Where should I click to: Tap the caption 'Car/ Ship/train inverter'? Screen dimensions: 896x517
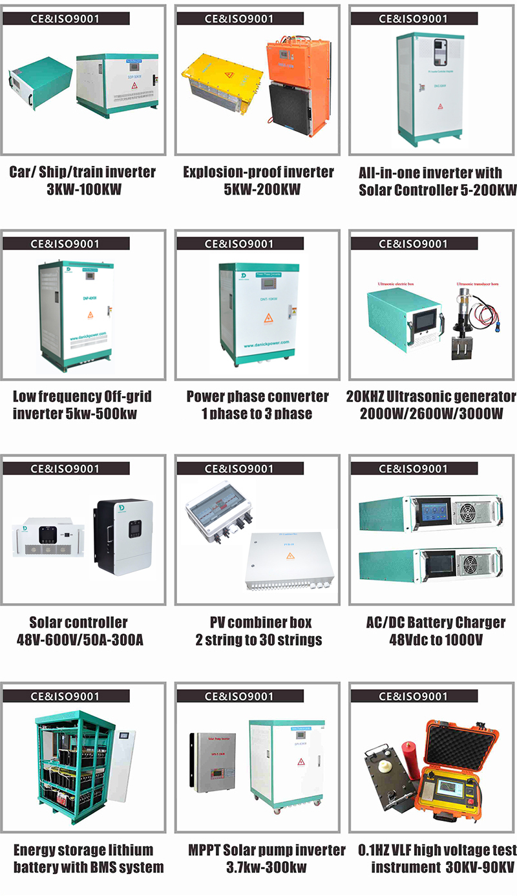pos(82,172)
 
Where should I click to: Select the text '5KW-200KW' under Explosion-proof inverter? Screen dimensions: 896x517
pos(258,190)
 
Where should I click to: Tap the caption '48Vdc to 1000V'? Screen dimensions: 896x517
pos(436,640)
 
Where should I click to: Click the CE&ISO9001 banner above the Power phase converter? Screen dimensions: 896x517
pos(238,244)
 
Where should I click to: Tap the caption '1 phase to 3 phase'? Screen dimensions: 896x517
pos(257,413)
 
